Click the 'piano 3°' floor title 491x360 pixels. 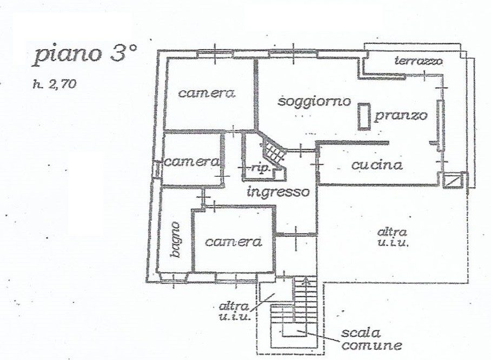[x=85, y=54]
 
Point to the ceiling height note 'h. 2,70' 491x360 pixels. [x=55, y=84]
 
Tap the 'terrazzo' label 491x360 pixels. [x=419, y=61]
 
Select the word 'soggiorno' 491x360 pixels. [x=314, y=102]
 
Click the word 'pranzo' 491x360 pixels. [x=401, y=116]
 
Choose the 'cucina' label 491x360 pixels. [x=377, y=165]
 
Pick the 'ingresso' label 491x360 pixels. [x=278, y=191]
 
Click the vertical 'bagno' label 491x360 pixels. [x=176, y=240]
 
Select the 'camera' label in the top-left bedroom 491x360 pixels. [x=207, y=94]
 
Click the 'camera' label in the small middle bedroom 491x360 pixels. [x=191, y=162]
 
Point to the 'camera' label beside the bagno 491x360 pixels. [x=234, y=242]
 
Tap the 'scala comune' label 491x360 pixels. [x=371, y=339]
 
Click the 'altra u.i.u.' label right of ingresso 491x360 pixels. [x=393, y=237]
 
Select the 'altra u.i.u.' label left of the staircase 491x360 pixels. [x=234, y=311]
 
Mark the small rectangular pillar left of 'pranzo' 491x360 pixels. [x=364, y=116]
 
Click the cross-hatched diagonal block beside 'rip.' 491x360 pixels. [x=273, y=151]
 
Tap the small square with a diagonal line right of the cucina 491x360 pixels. [x=453, y=181]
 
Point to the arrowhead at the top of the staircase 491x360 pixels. [x=306, y=281]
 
